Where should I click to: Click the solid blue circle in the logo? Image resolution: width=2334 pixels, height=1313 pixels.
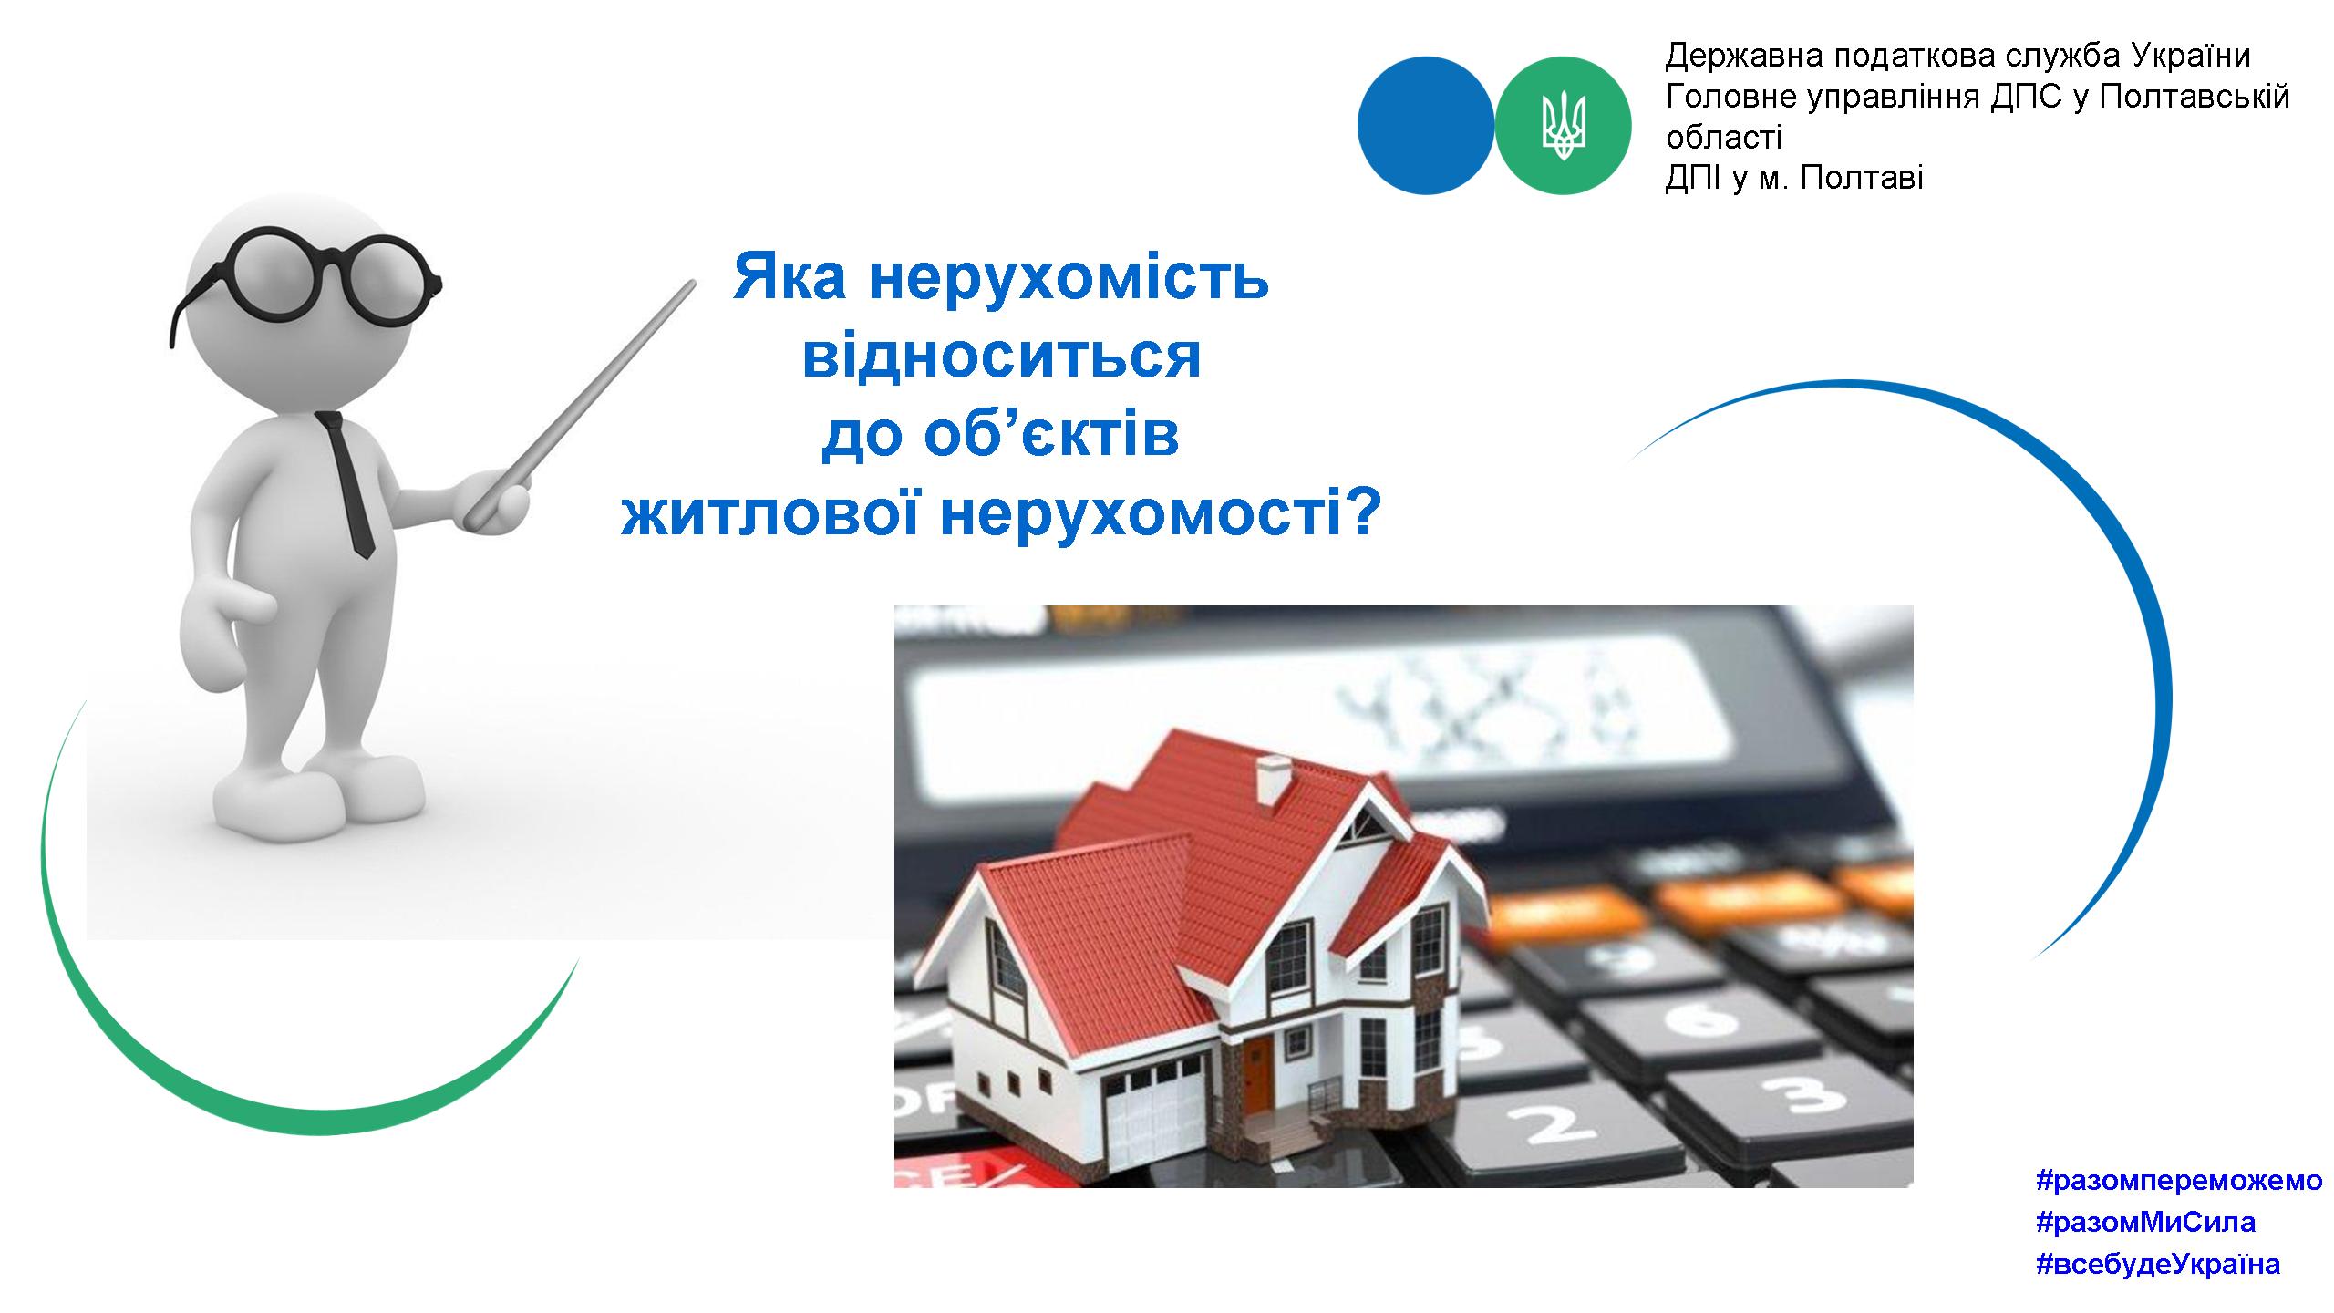pos(1426,125)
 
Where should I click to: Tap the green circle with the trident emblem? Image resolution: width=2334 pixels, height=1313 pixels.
pos(1564,125)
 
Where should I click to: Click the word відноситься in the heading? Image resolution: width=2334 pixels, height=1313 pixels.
pos(1002,358)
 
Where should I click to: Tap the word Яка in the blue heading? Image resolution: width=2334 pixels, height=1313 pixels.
pos(792,278)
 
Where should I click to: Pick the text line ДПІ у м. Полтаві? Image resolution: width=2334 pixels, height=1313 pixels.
pos(1794,178)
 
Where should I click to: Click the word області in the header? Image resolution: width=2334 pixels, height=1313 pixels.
pos(1723,138)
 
